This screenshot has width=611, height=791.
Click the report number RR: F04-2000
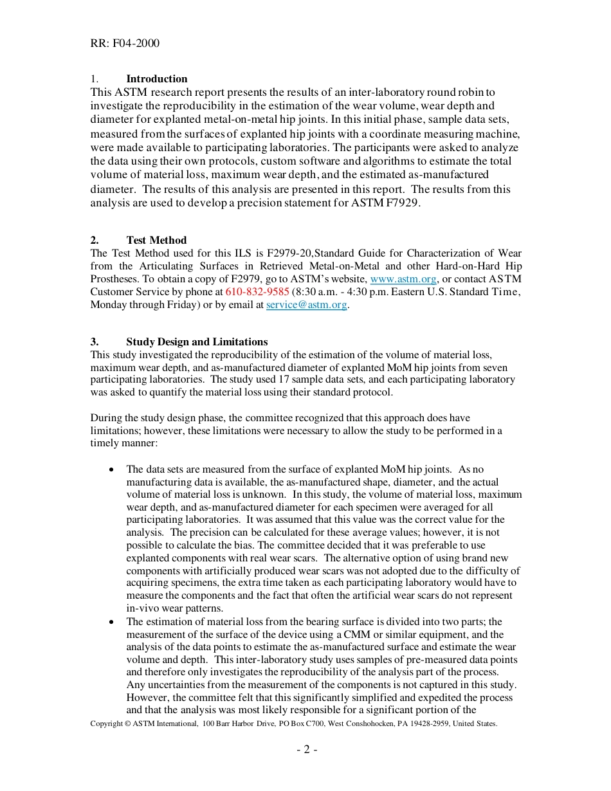[x=125, y=43]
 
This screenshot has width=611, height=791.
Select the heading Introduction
[x=156, y=78]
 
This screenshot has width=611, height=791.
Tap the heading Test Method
[x=156, y=240]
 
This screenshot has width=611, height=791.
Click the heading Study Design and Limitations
[x=197, y=341]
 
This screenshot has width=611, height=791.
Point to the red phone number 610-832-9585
[x=257, y=291]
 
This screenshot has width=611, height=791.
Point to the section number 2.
[x=94, y=240]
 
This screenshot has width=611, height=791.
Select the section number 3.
[x=94, y=341]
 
